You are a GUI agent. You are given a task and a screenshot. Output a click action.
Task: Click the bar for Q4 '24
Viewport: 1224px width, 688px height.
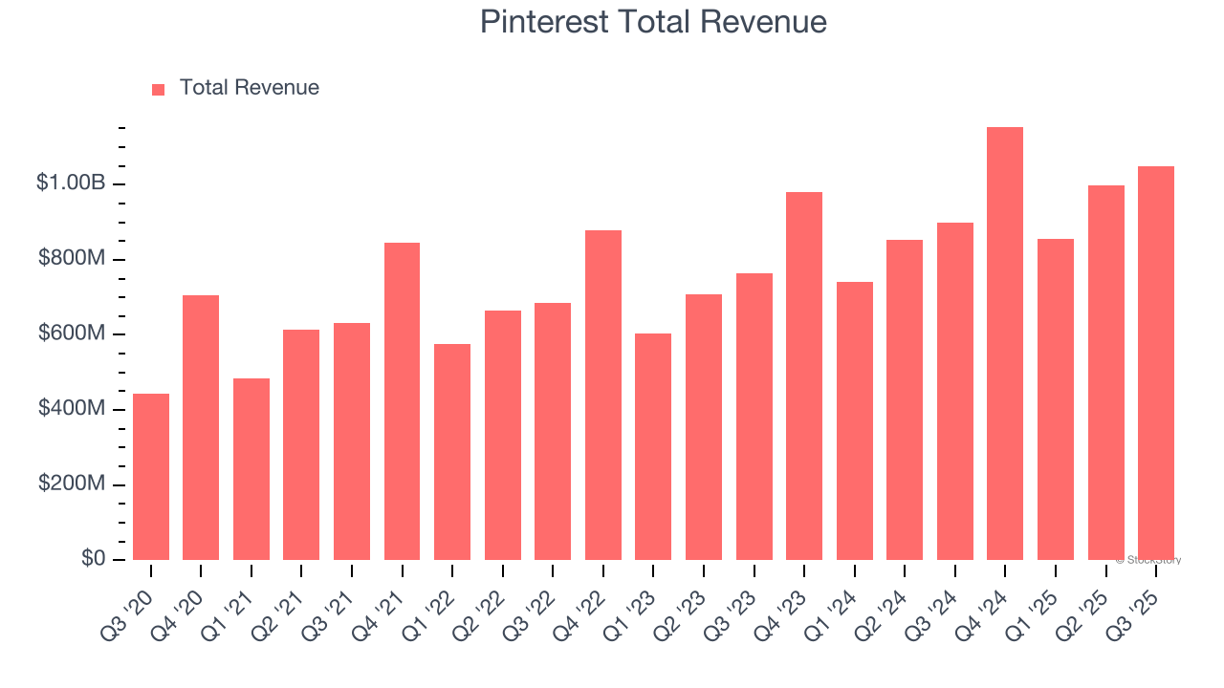coord(1005,344)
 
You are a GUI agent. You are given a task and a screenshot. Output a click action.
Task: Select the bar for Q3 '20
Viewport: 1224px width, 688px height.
coord(151,477)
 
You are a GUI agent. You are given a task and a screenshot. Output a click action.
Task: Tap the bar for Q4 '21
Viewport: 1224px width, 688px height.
coord(402,401)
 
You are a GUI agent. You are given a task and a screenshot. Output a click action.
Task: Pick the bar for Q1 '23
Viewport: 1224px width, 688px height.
coord(653,446)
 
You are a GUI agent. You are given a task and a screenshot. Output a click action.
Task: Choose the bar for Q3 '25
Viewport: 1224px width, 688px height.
coord(1156,363)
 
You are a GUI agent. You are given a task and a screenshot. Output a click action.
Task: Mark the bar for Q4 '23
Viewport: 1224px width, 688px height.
coord(804,376)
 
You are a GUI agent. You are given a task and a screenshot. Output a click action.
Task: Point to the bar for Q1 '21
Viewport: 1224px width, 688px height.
coord(251,469)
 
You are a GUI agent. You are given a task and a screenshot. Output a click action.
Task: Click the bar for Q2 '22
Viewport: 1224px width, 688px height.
coord(503,435)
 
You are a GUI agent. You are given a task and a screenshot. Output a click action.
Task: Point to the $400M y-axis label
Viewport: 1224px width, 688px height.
coord(72,409)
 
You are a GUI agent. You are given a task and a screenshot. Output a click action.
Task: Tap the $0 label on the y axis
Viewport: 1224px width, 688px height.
coord(92,559)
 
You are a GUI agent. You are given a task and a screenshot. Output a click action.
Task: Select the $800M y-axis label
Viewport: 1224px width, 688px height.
coord(72,259)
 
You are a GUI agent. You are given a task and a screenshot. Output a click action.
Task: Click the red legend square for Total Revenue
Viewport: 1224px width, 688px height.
coord(159,89)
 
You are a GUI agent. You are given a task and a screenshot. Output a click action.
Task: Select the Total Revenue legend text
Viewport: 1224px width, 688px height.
coord(249,88)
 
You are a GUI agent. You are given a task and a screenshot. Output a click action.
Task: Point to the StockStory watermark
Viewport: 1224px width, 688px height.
coord(1148,560)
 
